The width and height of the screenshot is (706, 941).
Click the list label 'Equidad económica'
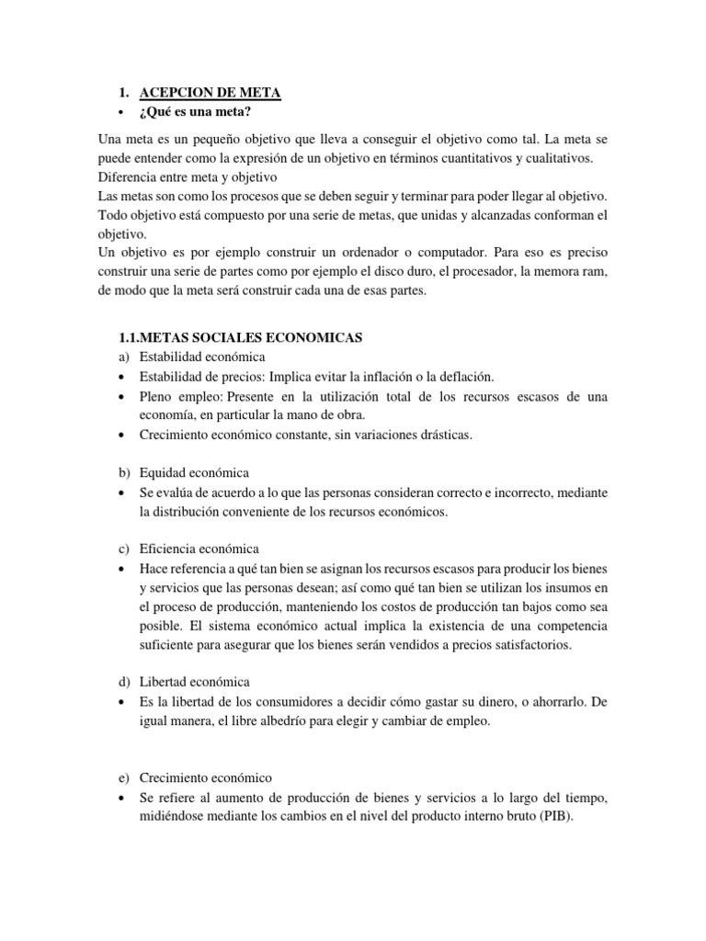194,472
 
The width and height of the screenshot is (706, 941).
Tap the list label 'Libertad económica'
194,681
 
